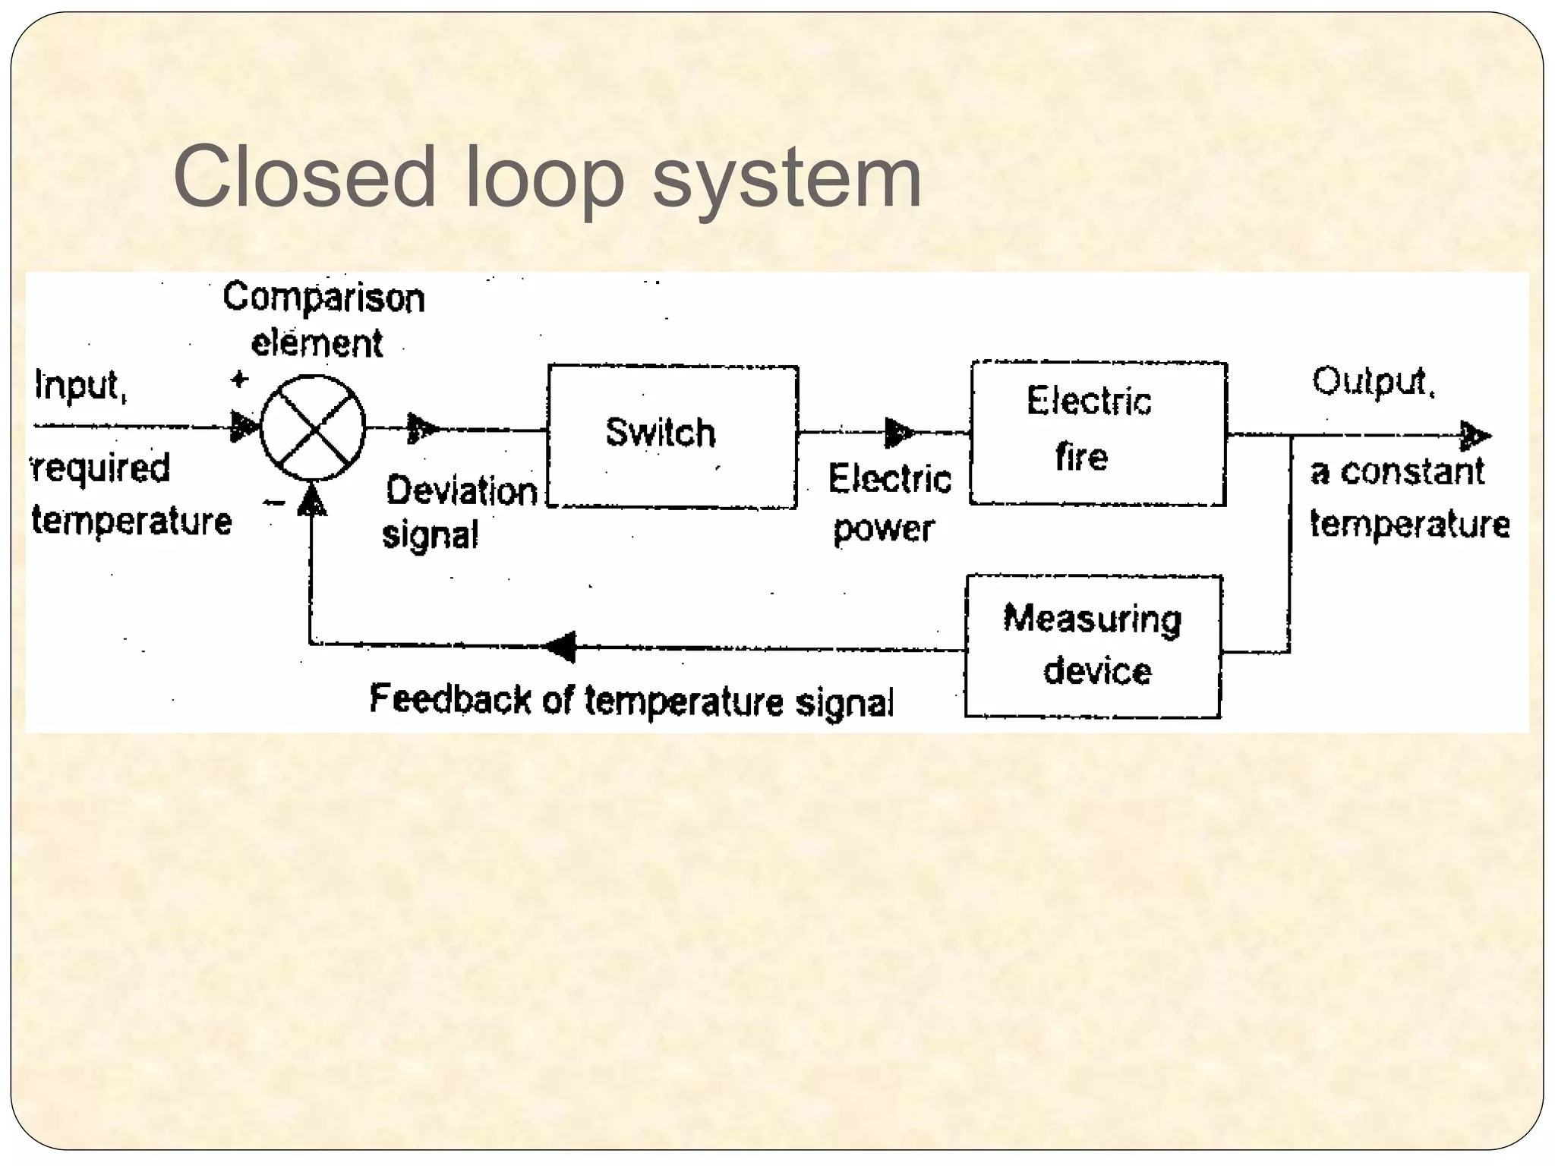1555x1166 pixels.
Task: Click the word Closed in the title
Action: click(304, 177)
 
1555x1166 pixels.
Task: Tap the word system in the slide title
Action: click(787, 180)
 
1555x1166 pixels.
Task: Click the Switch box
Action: click(672, 436)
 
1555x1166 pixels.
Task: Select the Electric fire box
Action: click(1098, 433)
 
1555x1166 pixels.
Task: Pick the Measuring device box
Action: click(1093, 646)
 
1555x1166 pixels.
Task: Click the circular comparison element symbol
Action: click(313, 428)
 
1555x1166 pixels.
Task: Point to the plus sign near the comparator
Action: click(240, 379)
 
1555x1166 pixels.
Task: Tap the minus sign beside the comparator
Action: click(274, 503)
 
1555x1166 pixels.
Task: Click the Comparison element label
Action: click(323, 320)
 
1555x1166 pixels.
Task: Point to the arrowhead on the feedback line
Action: click(562, 647)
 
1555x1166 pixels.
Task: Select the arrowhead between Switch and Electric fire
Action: click(899, 433)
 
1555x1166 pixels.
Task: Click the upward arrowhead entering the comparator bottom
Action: click(311, 501)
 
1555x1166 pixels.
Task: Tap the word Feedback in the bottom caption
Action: click(449, 698)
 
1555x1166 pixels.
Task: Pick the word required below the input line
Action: click(101, 468)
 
